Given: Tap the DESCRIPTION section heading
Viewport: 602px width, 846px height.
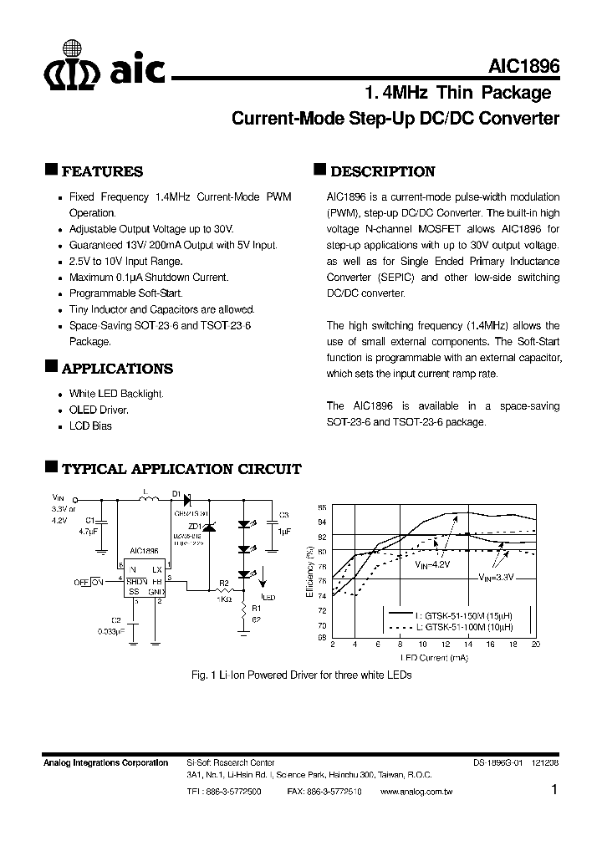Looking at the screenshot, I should coord(382,171).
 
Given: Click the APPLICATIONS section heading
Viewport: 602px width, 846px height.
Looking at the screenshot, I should coord(117,369).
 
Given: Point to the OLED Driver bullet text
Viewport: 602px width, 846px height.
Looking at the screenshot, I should coord(99,410).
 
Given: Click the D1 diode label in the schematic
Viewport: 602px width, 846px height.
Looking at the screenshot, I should coord(176,494).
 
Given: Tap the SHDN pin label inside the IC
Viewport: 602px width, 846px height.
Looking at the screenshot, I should coord(137,581).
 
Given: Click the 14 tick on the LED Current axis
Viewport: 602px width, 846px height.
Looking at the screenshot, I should coord(468,645).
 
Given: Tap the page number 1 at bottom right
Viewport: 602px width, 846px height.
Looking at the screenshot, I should coord(554,790).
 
